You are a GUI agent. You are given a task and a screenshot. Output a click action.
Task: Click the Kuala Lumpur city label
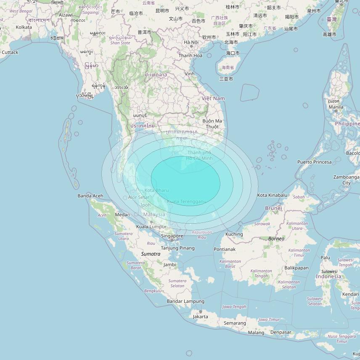tap(151, 227)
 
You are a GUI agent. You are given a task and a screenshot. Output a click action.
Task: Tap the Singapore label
tap(172, 236)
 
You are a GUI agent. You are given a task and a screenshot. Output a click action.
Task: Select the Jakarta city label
tap(200, 316)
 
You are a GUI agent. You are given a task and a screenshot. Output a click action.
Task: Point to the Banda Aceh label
tap(90, 196)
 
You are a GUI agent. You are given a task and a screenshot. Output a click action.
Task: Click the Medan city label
tap(122, 214)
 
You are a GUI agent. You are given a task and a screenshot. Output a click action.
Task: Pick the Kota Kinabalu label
tap(272, 195)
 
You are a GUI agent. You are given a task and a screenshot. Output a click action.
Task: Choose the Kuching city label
tap(234, 234)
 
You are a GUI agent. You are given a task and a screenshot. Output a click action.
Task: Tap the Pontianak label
tap(225, 249)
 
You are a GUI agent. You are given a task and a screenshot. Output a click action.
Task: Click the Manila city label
tap(336, 107)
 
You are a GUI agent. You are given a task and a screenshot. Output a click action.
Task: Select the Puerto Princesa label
tap(314, 162)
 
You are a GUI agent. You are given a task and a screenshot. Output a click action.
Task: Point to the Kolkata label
tap(24, 27)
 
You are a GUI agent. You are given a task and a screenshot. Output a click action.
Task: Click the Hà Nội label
tap(191, 42)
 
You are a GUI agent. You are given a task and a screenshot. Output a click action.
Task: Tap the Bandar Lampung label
tap(185, 301)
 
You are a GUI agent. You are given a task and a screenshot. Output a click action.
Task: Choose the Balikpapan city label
tap(296, 267)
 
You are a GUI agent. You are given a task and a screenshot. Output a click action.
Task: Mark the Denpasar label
tap(281, 332)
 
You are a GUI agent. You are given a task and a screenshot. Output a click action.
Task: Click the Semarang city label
tap(235, 323)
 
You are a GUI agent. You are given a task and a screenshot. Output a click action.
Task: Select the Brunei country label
tap(273, 208)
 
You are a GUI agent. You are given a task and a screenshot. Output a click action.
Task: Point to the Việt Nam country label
tap(213, 98)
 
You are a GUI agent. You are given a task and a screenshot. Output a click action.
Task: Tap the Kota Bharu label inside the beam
tap(156, 190)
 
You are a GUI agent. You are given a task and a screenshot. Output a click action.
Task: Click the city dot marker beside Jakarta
tap(200, 311)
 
